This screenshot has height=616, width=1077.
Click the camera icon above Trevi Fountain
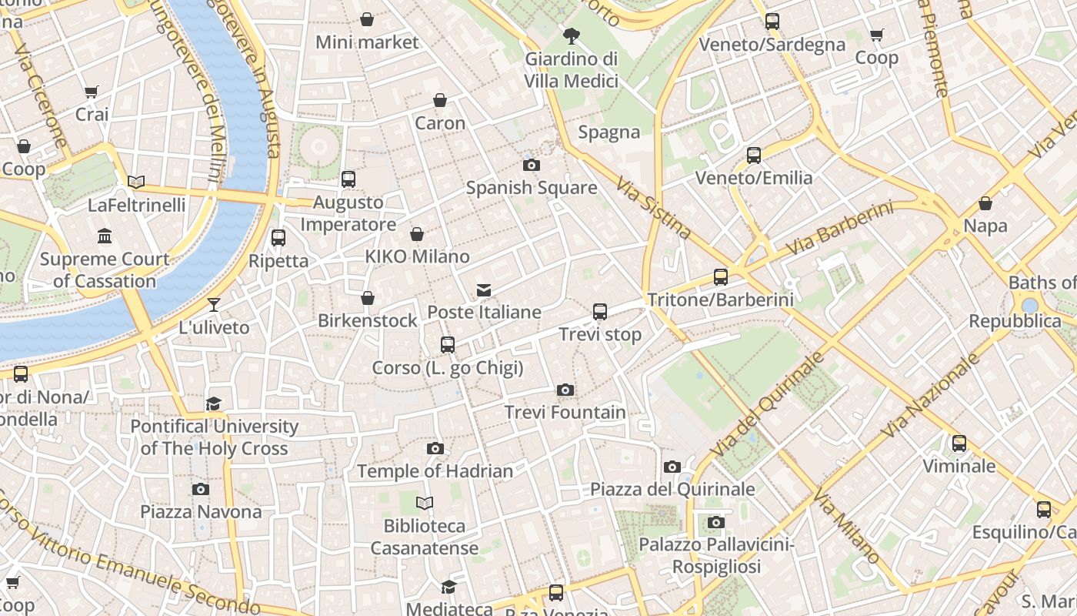(x=565, y=390)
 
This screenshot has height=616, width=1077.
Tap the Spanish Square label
(x=532, y=188)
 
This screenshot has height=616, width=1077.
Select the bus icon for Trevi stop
(x=600, y=312)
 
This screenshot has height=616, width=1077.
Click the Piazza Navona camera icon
(x=201, y=489)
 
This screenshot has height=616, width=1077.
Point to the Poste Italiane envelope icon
(x=484, y=290)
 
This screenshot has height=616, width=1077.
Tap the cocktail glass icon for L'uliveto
(x=214, y=305)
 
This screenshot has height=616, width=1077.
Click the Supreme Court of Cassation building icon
(x=105, y=236)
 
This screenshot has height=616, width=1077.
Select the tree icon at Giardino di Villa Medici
(x=571, y=35)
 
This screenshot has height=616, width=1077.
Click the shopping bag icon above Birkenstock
(x=368, y=298)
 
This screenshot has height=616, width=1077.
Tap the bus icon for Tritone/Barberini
(x=721, y=277)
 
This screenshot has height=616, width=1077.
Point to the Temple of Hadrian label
(x=435, y=471)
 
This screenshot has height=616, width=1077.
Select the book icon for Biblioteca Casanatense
(x=425, y=504)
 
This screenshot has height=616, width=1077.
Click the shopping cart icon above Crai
(x=92, y=92)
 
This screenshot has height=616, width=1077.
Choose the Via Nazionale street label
(x=931, y=395)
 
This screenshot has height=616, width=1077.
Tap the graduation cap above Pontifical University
(x=213, y=403)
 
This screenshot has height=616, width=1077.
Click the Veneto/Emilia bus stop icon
(x=754, y=156)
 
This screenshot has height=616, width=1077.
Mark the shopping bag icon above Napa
(x=985, y=203)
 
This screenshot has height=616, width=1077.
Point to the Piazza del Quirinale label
(x=672, y=490)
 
